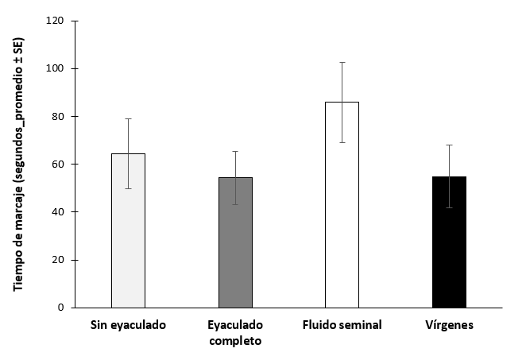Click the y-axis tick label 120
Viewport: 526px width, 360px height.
[56, 21]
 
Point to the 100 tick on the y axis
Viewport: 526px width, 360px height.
[56, 69]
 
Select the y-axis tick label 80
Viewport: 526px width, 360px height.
[58, 117]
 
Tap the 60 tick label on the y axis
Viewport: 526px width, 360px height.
[58, 165]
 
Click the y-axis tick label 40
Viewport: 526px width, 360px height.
[58, 212]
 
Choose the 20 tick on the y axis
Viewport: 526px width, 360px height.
[58, 260]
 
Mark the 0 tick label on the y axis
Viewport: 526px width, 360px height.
[61, 308]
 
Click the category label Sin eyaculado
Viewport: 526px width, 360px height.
[128, 326]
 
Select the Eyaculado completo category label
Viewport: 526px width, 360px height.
[235, 333]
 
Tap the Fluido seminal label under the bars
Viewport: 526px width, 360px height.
[342, 326]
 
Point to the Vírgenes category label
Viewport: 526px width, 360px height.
[450, 326]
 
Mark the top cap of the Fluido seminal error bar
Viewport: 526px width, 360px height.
[342, 62]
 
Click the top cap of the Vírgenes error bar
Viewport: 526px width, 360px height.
[450, 145]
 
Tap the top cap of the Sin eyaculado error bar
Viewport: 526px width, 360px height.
[128, 118]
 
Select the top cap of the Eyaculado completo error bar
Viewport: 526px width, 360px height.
[235, 151]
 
